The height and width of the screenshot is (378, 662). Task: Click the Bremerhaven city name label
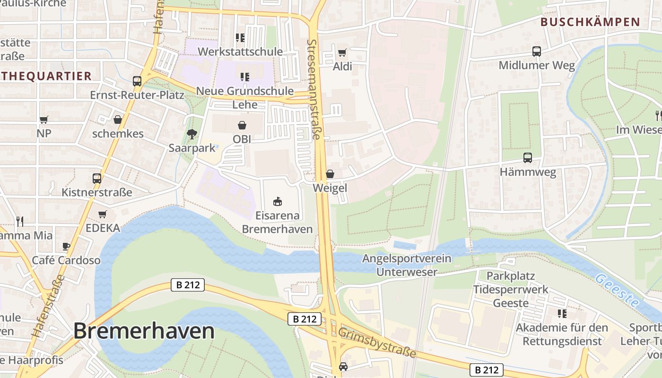click(144, 331)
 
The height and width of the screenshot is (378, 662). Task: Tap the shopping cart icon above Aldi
click(342, 52)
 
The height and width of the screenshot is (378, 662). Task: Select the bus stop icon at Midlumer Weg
click(537, 52)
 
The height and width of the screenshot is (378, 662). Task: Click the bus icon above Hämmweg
click(527, 158)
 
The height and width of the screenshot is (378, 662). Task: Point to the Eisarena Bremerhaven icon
click(278, 202)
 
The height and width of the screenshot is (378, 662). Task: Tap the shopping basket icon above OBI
click(242, 125)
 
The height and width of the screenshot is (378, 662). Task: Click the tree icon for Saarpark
click(192, 134)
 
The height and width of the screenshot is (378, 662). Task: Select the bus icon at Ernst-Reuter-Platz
click(137, 81)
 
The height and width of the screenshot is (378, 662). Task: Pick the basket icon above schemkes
click(118, 120)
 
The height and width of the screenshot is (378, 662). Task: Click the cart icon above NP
click(44, 120)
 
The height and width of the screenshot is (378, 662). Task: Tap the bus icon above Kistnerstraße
click(97, 179)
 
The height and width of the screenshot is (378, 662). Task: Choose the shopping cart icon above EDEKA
click(103, 214)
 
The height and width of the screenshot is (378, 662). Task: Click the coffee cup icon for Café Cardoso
click(66, 246)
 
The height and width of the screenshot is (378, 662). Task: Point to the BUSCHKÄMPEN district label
click(590, 22)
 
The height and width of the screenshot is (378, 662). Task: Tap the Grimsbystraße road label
click(377, 343)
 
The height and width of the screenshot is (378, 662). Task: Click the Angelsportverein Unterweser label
click(407, 265)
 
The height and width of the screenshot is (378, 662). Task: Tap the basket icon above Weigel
click(330, 174)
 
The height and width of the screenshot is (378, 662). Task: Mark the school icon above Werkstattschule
click(240, 37)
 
